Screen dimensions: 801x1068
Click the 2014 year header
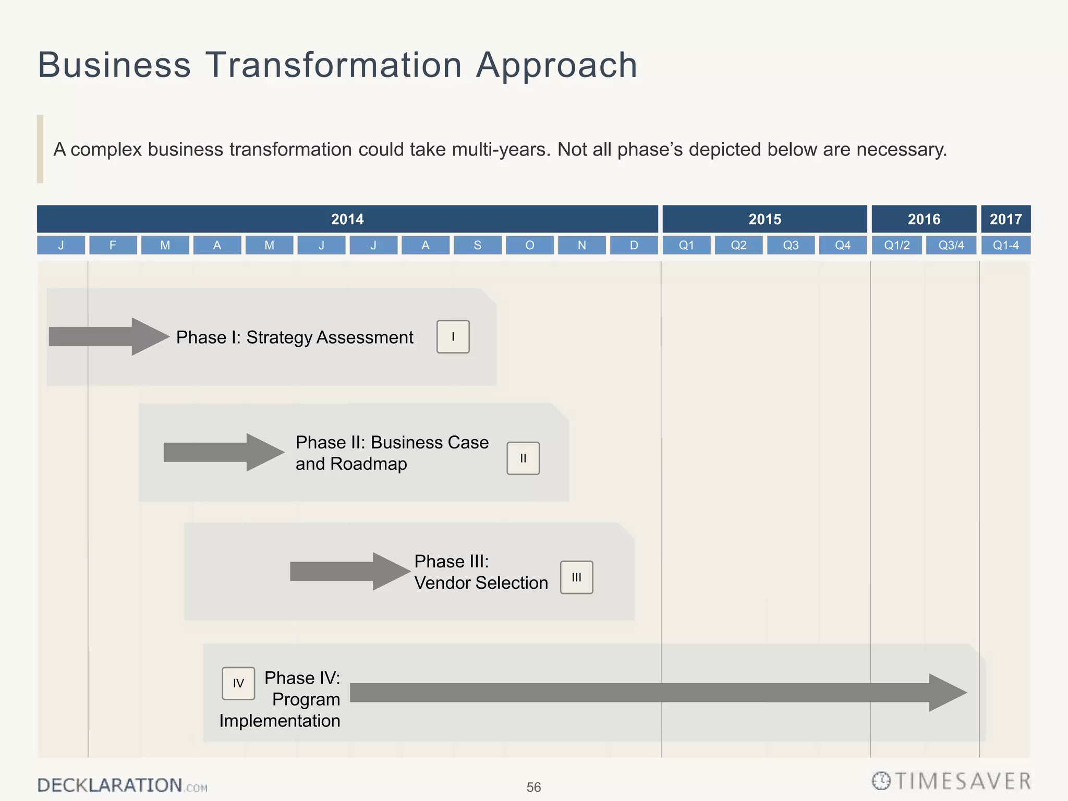(347, 219)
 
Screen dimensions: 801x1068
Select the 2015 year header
(764, 219)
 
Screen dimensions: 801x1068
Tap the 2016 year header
(924, 219)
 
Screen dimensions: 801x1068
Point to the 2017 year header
(1005, 219)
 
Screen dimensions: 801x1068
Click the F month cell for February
(113, 245)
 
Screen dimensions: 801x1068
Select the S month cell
(477, 245)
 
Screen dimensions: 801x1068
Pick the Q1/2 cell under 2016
(896, 245)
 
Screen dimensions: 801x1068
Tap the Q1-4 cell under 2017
(1005, 245)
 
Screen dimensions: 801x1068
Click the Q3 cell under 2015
(791, 245)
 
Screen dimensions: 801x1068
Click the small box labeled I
(453, 337)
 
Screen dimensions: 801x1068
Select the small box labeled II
(523, 458)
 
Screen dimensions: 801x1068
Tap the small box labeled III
(576, 577)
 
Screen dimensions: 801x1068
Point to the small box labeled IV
(238, 683)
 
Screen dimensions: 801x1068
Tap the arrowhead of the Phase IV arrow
(946, 693)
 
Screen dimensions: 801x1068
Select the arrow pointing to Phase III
(349, 572)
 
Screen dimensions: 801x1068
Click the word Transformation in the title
(334, 65)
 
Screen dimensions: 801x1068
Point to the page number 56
(533, 787)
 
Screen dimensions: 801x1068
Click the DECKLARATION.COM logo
(122, 785)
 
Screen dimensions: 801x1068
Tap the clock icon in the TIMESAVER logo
(881, 781)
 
